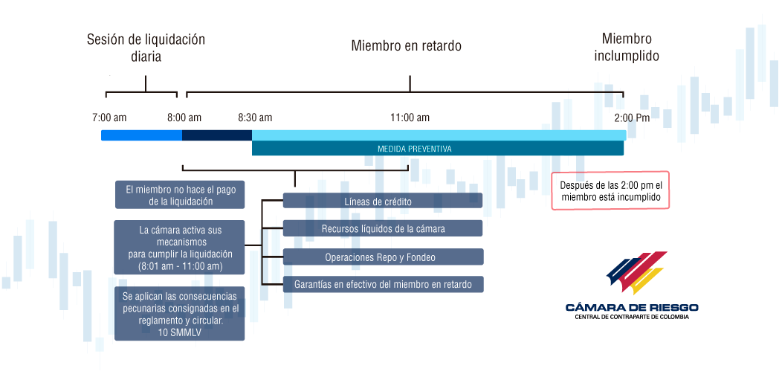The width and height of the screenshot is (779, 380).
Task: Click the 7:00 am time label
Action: click(x=109, y=117)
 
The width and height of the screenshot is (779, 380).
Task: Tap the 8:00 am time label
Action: click(x=184, y=117)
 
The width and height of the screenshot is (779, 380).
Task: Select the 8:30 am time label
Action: click(x=255, y=117)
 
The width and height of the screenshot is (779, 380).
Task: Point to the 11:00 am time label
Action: click(x=410, y=117)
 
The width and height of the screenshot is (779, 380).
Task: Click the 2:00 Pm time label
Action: click(x=632, y=117)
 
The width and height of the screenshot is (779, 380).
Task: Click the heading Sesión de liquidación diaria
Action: click(x=146, y=48)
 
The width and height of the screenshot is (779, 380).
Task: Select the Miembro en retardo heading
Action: click(x=407, y=45)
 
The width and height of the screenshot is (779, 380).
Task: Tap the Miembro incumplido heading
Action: click(x=627, y=47)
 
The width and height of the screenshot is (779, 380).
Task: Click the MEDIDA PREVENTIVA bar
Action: click(x=438, y=149)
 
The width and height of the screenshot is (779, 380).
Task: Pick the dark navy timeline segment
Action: click(x=217, y=135)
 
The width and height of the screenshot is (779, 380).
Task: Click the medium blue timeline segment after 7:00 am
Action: click(x=141, y=135)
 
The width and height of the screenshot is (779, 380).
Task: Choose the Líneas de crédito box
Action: click(x=383, y=200)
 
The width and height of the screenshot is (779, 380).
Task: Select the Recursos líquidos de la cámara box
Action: click(x=383, y=228)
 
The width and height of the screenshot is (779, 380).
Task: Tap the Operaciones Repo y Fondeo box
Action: click(x=383, y=257)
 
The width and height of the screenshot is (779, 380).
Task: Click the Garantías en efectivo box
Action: click(x=383, y=285)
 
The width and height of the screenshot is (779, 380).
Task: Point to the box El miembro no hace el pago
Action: click(x=179, y=195)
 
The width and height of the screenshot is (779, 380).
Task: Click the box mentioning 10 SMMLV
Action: click(x=179, y=313)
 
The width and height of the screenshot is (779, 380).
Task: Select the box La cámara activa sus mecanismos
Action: click(x=179, y=248)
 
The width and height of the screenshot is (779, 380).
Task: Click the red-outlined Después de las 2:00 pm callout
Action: click(x=610, y=190)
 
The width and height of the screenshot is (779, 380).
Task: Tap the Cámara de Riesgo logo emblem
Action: click(x=636, y=272)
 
